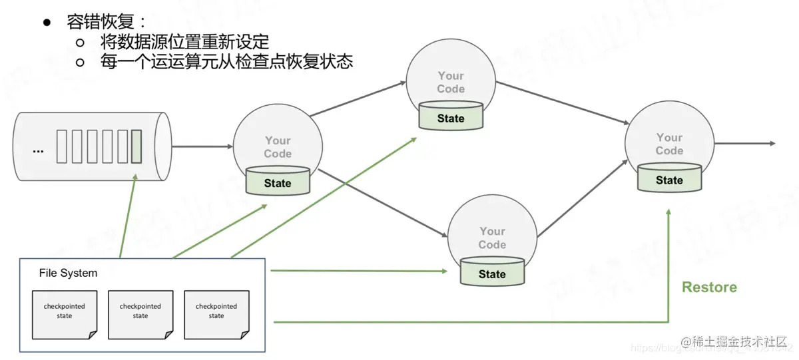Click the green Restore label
pyautogui.click(x=709, y=287)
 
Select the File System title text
pyautogui.click(x=68, y=273)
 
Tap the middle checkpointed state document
pyautogui.click(x=140, y=312)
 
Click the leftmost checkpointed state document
pyautogui.click(x=65, y=312)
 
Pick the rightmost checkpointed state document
pyautogui.click(x=216, y=312)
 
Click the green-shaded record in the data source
pyautogui.click(x=136, y=147)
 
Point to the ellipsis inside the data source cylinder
pyautogui.click(x=38, y=150)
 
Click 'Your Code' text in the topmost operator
pyautogui.click(x=451, y=83)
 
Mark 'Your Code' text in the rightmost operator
pyautogui.click(x=669, y=144)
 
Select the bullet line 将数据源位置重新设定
pyautogui.click(x=184, y=42)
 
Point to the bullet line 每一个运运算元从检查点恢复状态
pyautogui.click(x=226, y=62)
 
